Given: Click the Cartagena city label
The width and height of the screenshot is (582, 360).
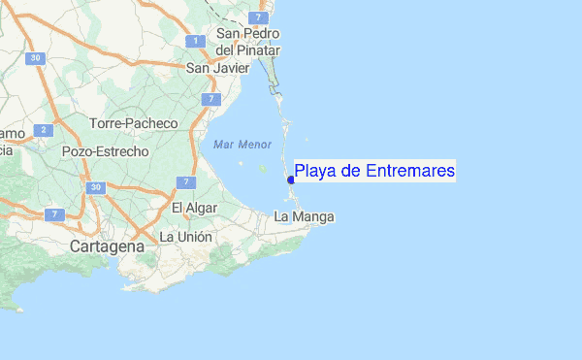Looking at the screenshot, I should tap(107, 246).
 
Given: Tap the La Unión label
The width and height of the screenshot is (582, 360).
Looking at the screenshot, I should tap(185, 236).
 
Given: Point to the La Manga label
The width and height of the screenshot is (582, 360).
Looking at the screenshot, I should tap(305, 215).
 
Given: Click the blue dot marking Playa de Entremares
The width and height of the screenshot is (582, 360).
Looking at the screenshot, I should tap(290, 180).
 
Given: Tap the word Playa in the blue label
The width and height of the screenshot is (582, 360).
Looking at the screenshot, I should tap(315, 172).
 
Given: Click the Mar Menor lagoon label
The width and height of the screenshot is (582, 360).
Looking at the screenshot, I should tap(242, 144).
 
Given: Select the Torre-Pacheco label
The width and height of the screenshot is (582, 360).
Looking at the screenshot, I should tap(134, 123).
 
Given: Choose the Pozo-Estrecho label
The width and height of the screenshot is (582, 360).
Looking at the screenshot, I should tap(105, 151).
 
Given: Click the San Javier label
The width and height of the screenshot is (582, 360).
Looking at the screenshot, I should tap(211, 68).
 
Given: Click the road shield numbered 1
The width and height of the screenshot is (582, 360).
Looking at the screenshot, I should tap(196, 41).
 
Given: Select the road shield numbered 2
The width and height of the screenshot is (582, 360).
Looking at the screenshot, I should tap(43, 129).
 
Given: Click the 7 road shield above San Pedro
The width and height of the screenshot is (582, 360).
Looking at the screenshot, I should tap(256, 17).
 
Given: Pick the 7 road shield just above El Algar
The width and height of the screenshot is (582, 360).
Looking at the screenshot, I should tap(187, 181).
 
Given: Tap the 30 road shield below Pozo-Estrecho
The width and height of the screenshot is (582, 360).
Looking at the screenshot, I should tap(94, 186).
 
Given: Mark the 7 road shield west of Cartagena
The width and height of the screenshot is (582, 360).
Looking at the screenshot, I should tap(54, 213).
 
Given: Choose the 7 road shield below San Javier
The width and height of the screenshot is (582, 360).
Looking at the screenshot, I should tap(210, 99).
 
